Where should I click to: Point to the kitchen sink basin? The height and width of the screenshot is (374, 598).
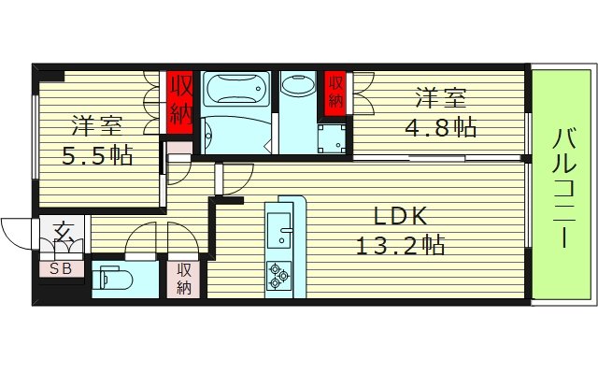(x=279, y=227)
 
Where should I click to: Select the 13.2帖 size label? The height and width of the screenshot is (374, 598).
(x=400, y=246)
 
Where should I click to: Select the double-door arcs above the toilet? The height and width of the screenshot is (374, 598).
(x=149, y=240)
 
